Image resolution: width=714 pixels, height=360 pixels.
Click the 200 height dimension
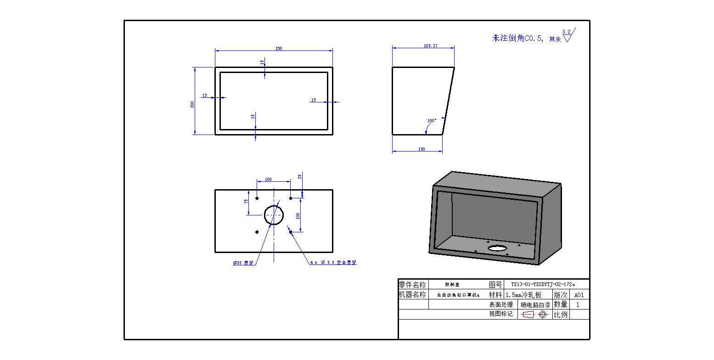click(x=193, y=104)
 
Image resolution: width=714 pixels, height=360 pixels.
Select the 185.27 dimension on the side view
click(x=424, y=46)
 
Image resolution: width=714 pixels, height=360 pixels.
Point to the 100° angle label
click(x=432, y=121)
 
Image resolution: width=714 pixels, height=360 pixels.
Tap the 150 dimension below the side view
click(x=422, y=149)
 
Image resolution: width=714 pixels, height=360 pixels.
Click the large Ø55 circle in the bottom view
click(x=274, y=214)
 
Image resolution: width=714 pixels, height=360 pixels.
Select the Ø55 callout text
click(x=243, y=263)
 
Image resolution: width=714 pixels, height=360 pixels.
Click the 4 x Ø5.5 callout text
click(x=333, y=263)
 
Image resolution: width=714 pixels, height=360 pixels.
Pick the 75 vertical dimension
click(x=246, y=201)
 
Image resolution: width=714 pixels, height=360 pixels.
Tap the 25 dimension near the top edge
click(x=300, y=177)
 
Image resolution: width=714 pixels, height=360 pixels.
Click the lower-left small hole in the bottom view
click(x=257, y=232)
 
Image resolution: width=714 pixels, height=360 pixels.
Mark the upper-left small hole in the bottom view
click(x=257, y=198)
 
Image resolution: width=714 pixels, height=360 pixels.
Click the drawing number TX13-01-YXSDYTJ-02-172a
click(x=543, y=284)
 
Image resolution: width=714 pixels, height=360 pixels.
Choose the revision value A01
click(x=579, y=295)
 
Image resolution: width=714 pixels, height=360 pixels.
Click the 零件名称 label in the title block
click(x=413, y=285)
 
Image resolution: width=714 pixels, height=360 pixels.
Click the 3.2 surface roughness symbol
click(x=568, y=35)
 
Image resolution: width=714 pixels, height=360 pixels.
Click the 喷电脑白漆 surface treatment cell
click(x=535, y=304)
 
